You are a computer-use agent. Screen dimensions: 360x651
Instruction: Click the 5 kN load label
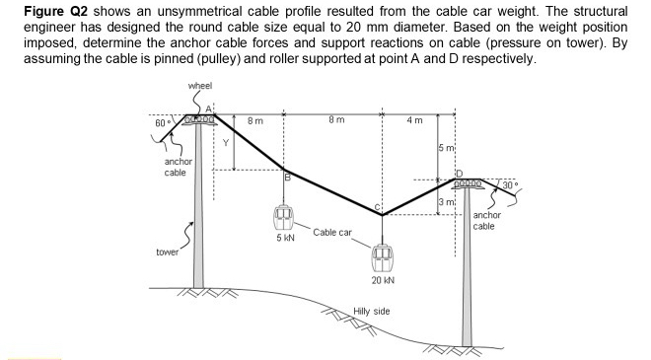point(284,239)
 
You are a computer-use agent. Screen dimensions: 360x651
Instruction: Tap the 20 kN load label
point(384,280)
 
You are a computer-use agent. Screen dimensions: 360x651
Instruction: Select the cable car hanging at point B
point(284,215)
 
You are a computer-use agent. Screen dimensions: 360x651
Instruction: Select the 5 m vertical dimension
point(446,148)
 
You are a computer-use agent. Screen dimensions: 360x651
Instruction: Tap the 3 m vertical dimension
point(446,202)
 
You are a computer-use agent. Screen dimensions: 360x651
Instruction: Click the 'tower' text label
point(168,252)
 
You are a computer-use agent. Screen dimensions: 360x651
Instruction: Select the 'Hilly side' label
point(372,312)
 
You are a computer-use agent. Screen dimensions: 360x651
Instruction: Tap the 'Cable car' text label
point(332,233)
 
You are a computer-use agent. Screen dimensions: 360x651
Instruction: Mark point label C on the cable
point(377,206)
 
